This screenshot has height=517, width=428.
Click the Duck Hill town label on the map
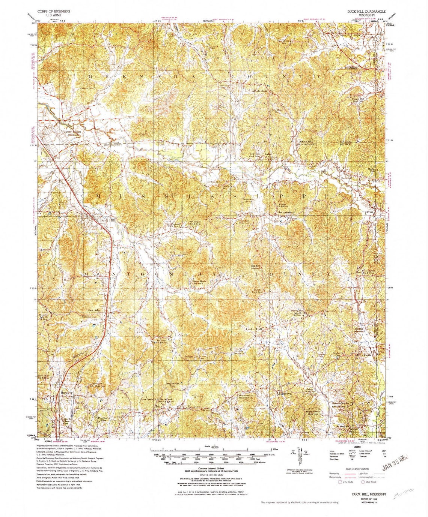point(109,221)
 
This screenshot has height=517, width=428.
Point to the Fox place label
point(159,406)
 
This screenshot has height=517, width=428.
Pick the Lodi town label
point(367,354)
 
